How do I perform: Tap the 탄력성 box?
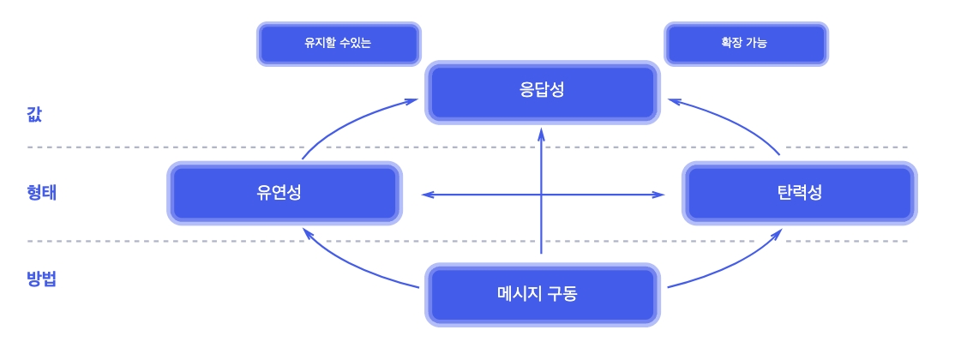tap(798, 192)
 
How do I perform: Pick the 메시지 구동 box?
tap(544, 294)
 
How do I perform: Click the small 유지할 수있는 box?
tap(338, 42)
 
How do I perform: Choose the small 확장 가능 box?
tap(745, 42)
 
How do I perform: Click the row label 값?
tap(35, 114)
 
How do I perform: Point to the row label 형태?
tap(41, 192)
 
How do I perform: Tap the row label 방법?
tap(41, 279)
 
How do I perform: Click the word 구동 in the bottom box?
tap(562, 294)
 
